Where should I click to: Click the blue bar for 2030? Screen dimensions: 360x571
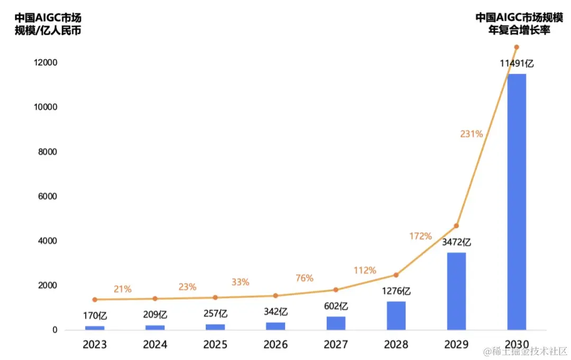(517, 202)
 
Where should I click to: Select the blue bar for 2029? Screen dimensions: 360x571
(456, 291)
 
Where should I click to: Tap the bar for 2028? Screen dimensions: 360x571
(396, 316)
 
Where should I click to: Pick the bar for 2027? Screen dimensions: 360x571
(336, 323)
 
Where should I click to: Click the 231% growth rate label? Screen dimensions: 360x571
(471, 134)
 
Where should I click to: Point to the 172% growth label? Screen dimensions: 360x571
(420, 236)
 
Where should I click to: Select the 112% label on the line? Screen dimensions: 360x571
(365, 271)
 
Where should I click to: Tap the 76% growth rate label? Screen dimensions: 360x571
(304, 278)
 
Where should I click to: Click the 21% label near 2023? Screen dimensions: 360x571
(122, 289)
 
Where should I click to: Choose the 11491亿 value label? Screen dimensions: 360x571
(517, 64)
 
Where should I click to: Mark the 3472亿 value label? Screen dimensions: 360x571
(456, 243)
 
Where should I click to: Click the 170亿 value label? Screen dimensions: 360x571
(95, 316)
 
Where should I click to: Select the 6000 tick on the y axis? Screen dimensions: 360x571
(47, 197)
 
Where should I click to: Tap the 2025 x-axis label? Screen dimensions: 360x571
(215, 345)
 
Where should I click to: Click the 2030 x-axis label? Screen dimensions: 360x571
(517, 345)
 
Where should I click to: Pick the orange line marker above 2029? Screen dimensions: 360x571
(456, 226)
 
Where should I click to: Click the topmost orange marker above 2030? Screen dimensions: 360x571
(517, 47)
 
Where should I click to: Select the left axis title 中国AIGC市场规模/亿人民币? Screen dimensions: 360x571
(48, 24)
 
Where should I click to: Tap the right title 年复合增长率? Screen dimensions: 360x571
(519, 31)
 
